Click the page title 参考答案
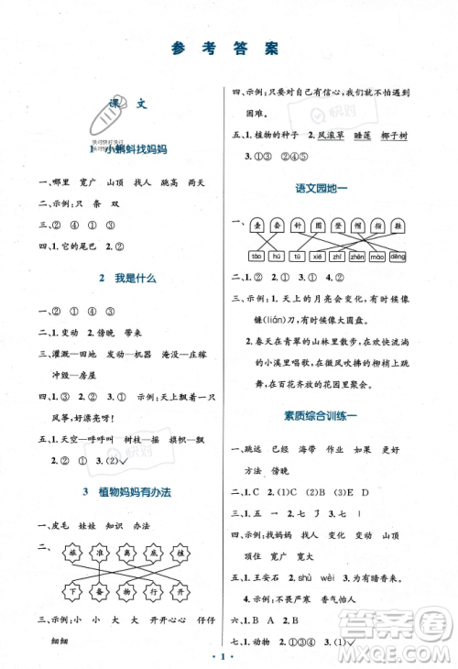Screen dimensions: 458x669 point(228,49)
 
